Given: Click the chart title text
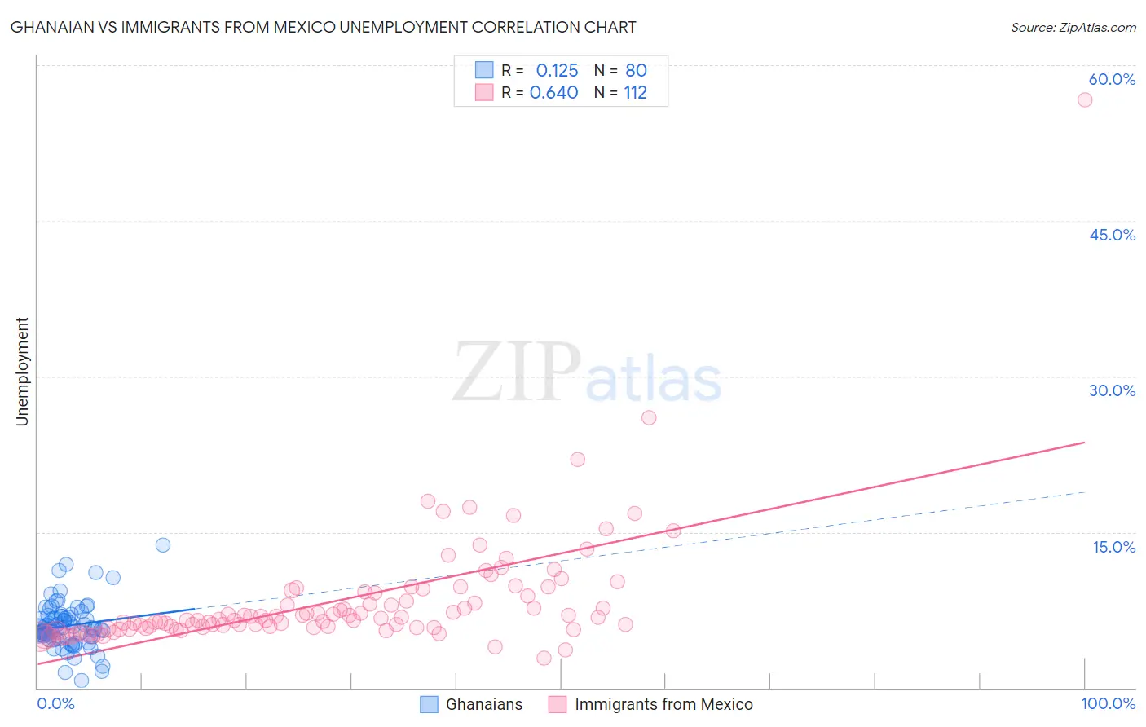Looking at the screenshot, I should (x=323, y=27).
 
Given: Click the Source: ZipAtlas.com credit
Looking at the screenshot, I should (x=1073, y=27).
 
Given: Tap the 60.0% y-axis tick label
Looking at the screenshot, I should (x=1112, y=79).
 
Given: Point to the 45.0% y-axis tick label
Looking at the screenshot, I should (x=1112, y=235).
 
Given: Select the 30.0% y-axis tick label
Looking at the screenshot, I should (x=1112, y=390).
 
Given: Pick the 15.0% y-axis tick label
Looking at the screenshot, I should (x=1113, y=547).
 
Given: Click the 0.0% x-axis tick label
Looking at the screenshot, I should (x=55, y=703).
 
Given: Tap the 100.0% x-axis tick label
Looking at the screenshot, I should (x=1108, y=703).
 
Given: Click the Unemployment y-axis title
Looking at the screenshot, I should (x=22, y=372).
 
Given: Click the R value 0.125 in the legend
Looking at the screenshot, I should (x=557, y=71).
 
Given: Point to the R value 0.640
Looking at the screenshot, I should (x=553, y=93).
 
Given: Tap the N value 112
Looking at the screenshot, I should (x=635, y=93).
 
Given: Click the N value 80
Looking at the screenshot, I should (x=636, y=71).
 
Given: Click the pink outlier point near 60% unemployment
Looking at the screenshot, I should (x=1084, y=99).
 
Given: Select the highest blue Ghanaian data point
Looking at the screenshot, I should (x=163, y=544).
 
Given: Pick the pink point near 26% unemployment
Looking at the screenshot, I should (x=649, y=417).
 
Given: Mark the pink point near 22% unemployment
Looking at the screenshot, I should (x=577, y=459).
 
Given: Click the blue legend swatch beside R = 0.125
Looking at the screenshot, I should (x=484, y=70).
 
